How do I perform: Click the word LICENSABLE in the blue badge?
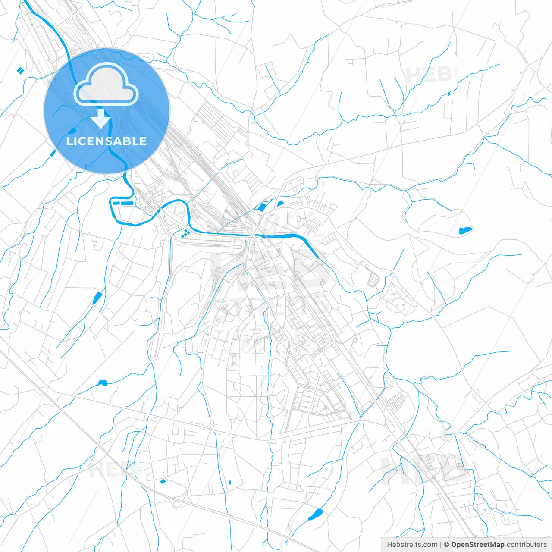[106, 141]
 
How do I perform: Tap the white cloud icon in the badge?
[106, 85]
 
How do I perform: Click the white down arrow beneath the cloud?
[101, 119]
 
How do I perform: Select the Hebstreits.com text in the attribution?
[412, 545]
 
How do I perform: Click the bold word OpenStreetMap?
[477, 545]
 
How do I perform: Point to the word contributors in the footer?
[527, 545]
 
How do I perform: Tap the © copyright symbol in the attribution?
[447, 545]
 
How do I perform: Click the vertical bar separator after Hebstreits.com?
[441, 545]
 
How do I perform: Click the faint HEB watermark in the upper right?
[429, 75]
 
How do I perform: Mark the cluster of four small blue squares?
[185, 233]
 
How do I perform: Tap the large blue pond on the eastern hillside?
[465, 230]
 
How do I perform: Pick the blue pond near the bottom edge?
[316, 514]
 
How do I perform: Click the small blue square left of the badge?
[20, 70]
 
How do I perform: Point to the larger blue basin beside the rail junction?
[261, 207]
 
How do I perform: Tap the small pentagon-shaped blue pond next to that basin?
[280, 203]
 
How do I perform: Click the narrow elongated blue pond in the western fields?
[97, 298]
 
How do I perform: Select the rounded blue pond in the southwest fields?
[102, 383]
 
